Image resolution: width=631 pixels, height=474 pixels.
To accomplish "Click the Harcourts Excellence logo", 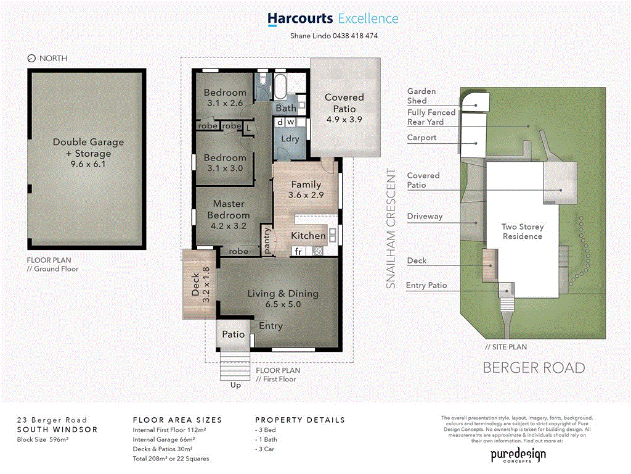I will point(333,19).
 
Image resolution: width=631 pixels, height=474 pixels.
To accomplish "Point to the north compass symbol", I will point(32,59).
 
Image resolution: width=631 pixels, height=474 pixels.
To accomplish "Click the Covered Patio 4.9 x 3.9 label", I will point(344,109).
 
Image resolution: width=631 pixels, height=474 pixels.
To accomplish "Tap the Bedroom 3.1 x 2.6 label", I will point(224,98).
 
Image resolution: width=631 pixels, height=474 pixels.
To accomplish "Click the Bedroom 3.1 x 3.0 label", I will point(224,163).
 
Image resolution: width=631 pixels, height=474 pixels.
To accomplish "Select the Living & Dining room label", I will point(283,299).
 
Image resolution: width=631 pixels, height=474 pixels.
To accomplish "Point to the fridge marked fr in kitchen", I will point(298,251).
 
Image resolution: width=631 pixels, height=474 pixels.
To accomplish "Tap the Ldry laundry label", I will point(290,139).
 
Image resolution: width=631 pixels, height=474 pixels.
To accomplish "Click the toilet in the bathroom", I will point(263,81).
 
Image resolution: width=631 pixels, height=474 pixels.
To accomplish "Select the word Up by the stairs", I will point(235,385).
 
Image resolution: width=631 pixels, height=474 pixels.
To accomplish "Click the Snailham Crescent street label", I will point(389,228).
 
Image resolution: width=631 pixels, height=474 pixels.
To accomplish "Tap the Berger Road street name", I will point(534,368).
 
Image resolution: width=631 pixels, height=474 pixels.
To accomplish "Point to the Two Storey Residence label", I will point(522,231).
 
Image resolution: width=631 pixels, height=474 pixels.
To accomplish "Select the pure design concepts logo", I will point(518,455).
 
